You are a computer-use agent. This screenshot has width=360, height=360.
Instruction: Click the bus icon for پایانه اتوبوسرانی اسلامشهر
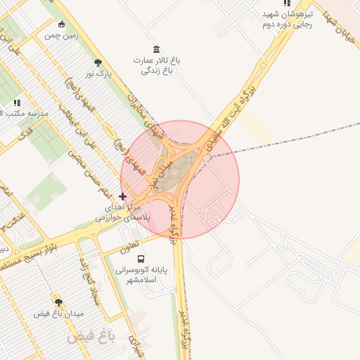142,259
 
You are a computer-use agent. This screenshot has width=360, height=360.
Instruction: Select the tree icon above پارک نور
97,62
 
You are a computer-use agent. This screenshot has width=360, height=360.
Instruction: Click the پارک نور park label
99,73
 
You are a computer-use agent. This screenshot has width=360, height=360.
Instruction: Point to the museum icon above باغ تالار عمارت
155,49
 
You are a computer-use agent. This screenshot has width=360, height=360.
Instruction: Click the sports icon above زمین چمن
61,24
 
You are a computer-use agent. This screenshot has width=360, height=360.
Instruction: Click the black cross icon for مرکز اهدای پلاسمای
122,196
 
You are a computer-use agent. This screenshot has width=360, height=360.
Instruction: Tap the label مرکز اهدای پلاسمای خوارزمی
123,214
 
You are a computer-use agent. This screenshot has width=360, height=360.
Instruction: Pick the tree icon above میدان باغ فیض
58,302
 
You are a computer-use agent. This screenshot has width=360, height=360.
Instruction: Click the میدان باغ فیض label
59,313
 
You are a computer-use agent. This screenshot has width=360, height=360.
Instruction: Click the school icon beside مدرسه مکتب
16,103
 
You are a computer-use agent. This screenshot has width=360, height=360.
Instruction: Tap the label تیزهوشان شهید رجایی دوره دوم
286,19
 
